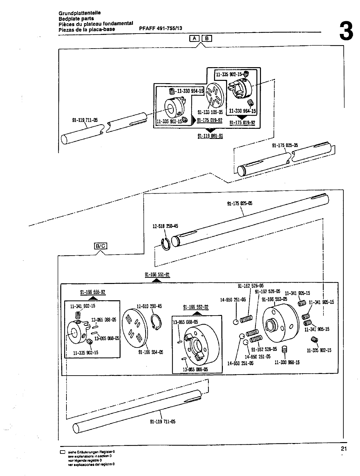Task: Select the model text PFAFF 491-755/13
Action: click(161, 28)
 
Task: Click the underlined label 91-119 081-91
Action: click(210, 136)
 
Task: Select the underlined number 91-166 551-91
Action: click(157, 274)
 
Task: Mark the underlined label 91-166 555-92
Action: click(93, 292)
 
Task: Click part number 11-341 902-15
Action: click(83, 306)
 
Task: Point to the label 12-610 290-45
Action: click(149, 306)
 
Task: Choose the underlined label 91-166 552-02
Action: click(196, 307)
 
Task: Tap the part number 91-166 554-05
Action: click(151, 352)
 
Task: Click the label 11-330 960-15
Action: click(287, 362)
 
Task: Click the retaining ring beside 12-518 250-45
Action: click(166, 244)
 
